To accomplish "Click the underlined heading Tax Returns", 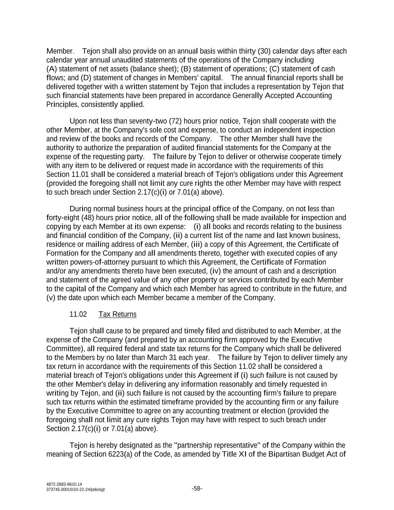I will pyautogui.click(x=117, y=314).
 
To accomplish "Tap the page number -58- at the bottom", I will pyautogui.click(x=197, y=489).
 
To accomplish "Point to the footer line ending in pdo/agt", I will pyautogui.click(x=75, y=490).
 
